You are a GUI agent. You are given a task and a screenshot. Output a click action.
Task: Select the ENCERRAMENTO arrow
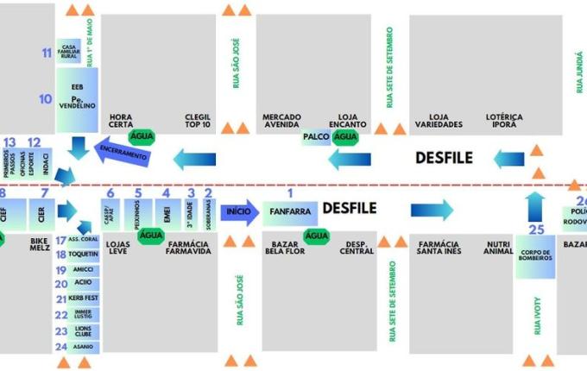(x=123, y=153)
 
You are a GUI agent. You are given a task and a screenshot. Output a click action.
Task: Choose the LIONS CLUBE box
(x=83, y=331)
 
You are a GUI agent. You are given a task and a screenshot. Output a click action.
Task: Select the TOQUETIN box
(x=83, y=255)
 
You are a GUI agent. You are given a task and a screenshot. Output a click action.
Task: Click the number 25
(x=536, y=230)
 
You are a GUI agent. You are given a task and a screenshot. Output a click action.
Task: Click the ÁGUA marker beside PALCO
(x=346, y=137)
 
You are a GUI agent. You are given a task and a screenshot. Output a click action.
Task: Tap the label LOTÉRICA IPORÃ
(x=505, y=121)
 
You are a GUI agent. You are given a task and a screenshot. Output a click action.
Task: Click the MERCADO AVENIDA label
(x=281, y=121)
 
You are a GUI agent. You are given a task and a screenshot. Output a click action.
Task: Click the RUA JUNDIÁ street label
(x=579, y=73)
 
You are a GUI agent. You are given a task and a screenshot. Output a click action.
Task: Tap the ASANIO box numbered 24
(x=83, y=347)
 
